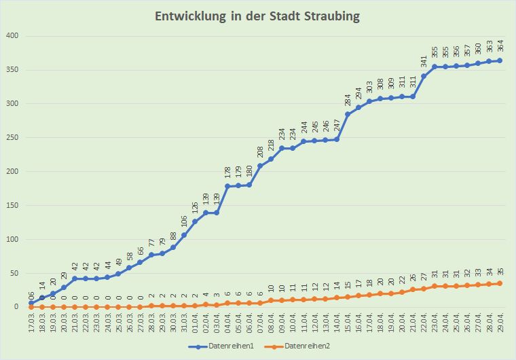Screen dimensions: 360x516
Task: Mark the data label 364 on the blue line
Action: (x=500, y=46)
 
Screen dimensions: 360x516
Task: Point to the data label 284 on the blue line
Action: (x=348, y=100)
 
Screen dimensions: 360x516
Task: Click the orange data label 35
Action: (x=500, y=273)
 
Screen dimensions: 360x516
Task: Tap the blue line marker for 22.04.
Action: (x=424, y=76)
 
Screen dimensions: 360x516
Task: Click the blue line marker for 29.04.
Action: (x=500, y=60)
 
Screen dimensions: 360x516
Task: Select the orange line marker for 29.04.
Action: (x=500, y=283)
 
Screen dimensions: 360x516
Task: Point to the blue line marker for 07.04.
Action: (x=260, y=166)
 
